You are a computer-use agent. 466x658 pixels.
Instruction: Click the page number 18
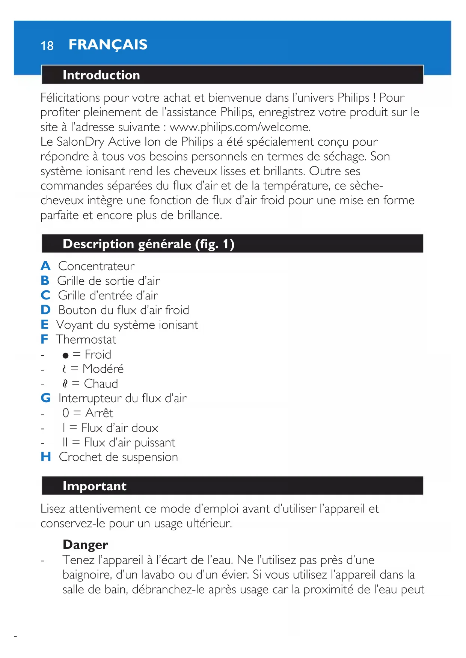click(x=47, y=46)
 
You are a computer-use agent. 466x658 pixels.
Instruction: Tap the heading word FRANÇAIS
click(x=108, y=45)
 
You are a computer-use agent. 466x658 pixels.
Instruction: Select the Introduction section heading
click(x=101, y=75)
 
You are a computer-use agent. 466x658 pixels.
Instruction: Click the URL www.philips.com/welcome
click(x=240, y=127)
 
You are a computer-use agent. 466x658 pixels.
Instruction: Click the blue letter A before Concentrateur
click(x=45, y=266)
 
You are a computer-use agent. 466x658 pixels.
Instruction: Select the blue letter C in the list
click(x=45, y=295)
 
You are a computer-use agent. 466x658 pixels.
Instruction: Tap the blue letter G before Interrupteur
click(x=46, y=398)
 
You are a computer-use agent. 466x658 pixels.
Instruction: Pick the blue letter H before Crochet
click(x=46, y=457)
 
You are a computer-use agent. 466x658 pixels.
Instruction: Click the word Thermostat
click(x=86, y=340)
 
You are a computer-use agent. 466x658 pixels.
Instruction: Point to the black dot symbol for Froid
click(x=66, y=355)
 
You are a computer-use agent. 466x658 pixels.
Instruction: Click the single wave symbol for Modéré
click(x=64, y=369)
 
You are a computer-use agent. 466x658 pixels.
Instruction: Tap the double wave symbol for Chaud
click(x=65, y=384)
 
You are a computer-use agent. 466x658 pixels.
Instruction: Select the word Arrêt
click(x=99, y=413)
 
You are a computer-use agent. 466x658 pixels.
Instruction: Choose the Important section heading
click(x=94, y=486)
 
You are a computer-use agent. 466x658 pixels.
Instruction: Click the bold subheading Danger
click(x=85, y=545)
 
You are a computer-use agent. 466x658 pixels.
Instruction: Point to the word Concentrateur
click(x=97, y=266)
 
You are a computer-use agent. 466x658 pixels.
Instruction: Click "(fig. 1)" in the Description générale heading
click(x=214, y=244)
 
